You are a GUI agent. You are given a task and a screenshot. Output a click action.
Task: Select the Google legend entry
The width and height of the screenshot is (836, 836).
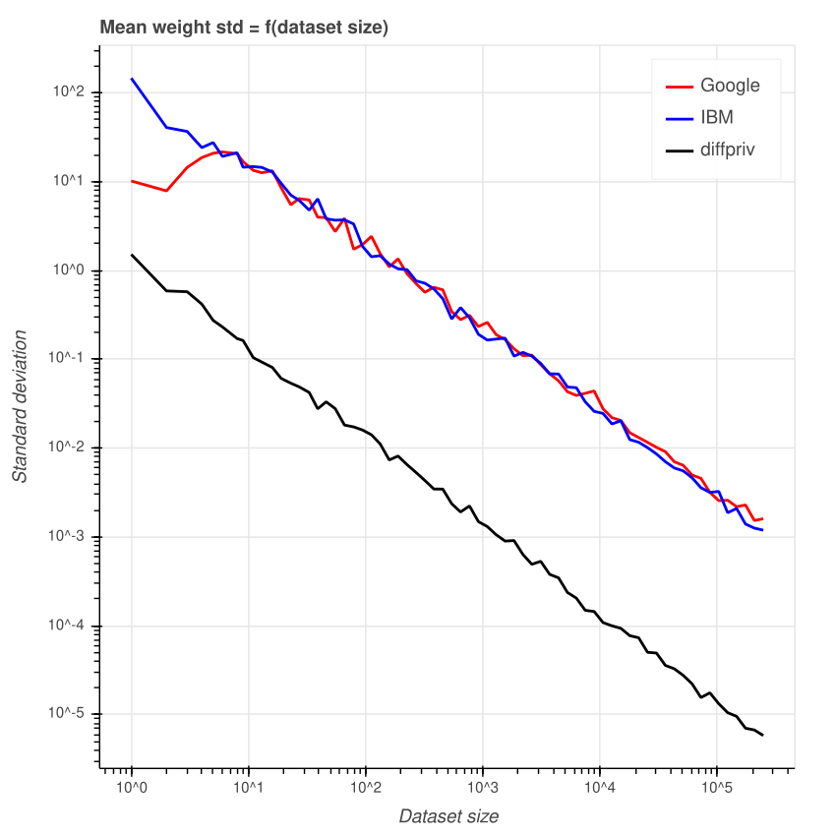pos(729,86)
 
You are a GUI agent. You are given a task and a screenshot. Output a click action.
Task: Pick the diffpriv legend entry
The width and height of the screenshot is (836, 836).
pos(727,149)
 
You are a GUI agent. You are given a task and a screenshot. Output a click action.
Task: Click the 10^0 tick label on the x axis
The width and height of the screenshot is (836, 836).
pos(132,789)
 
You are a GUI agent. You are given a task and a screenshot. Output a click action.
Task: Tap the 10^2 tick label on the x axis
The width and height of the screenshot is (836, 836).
pos(366,789)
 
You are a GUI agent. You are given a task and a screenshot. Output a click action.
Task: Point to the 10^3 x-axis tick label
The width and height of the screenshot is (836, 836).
pos(483,789)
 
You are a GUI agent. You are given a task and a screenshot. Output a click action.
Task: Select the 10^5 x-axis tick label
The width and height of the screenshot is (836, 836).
pos(717,789)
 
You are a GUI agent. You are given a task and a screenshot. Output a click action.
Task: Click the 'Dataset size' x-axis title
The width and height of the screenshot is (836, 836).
pos(448,816)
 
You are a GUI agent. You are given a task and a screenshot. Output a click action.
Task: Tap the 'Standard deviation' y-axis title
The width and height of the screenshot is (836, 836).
pos(20,404)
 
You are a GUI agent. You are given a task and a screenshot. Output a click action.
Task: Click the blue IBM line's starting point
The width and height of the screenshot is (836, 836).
pos(132,79)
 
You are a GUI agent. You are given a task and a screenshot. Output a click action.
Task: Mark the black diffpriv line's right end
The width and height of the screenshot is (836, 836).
pos(762,735)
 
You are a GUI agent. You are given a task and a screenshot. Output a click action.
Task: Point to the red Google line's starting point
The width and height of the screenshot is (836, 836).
pos(132,181)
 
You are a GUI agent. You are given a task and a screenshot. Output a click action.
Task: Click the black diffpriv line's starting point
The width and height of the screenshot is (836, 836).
pos(132,255)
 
